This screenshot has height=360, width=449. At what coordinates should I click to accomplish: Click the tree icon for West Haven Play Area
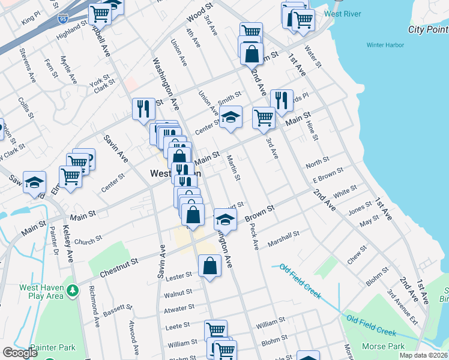pos(73,290)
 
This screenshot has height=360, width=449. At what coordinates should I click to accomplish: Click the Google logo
pos(19,353)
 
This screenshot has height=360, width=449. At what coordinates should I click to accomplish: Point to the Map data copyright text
pos(423,355)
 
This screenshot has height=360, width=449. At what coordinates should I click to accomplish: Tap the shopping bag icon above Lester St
pos(209,265)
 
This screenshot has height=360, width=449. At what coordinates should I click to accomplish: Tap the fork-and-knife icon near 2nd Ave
pos(281,100)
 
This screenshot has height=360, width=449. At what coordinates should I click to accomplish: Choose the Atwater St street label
pos(179,308)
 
